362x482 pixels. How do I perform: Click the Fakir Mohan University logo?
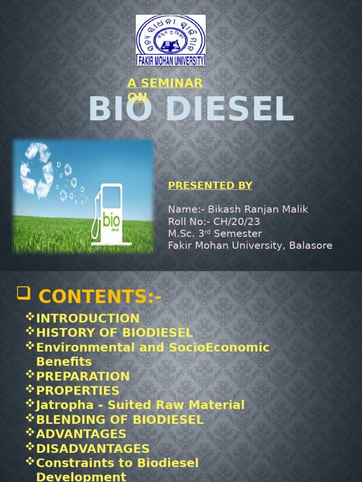pos(171,40)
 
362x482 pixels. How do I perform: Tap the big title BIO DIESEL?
pos(191,109)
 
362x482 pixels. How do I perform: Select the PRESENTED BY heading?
pos(210,185)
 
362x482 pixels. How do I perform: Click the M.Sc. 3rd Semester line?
pos(215,234)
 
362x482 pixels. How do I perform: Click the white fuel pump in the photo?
pos(110,214)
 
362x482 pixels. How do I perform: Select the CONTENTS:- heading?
pos(100,297)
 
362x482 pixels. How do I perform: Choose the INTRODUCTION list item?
pos(88,319)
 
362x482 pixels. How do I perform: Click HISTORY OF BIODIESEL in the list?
pos(115,333)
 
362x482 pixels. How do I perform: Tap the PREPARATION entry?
pos(83,377)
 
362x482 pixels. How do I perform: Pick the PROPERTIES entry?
pos(78,391)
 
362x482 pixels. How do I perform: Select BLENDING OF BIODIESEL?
pos(120,420)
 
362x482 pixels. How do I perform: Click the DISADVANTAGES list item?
pos(93,449)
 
